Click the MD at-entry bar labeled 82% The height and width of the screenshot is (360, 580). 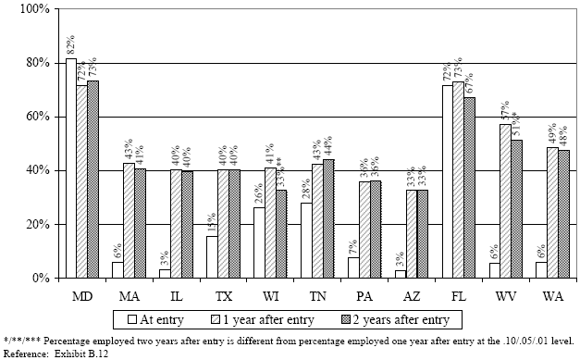click(x=71, y=168)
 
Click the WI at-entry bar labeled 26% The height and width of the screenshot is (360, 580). click(x=260, y=242)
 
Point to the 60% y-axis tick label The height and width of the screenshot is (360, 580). click(x=36, y=117)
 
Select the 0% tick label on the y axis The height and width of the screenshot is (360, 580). click(x=40, y=278)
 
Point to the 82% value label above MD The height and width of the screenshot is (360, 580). click(x=70, y=46)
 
